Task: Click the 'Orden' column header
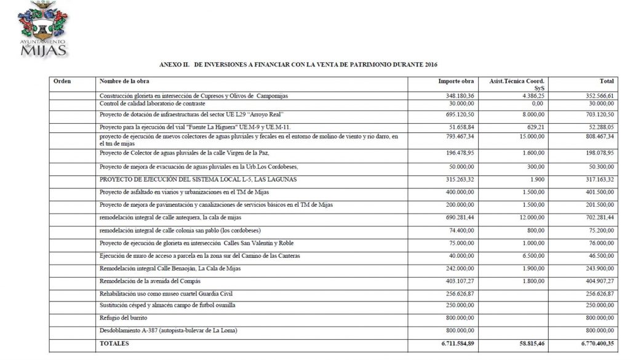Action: click(63, 81)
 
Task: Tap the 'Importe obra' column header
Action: click(456, 81)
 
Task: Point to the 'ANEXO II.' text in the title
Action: click(174, 64)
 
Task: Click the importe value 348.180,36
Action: click(456, 96)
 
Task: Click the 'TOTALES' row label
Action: click(114, 343)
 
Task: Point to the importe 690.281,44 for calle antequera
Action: click(456, 218)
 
